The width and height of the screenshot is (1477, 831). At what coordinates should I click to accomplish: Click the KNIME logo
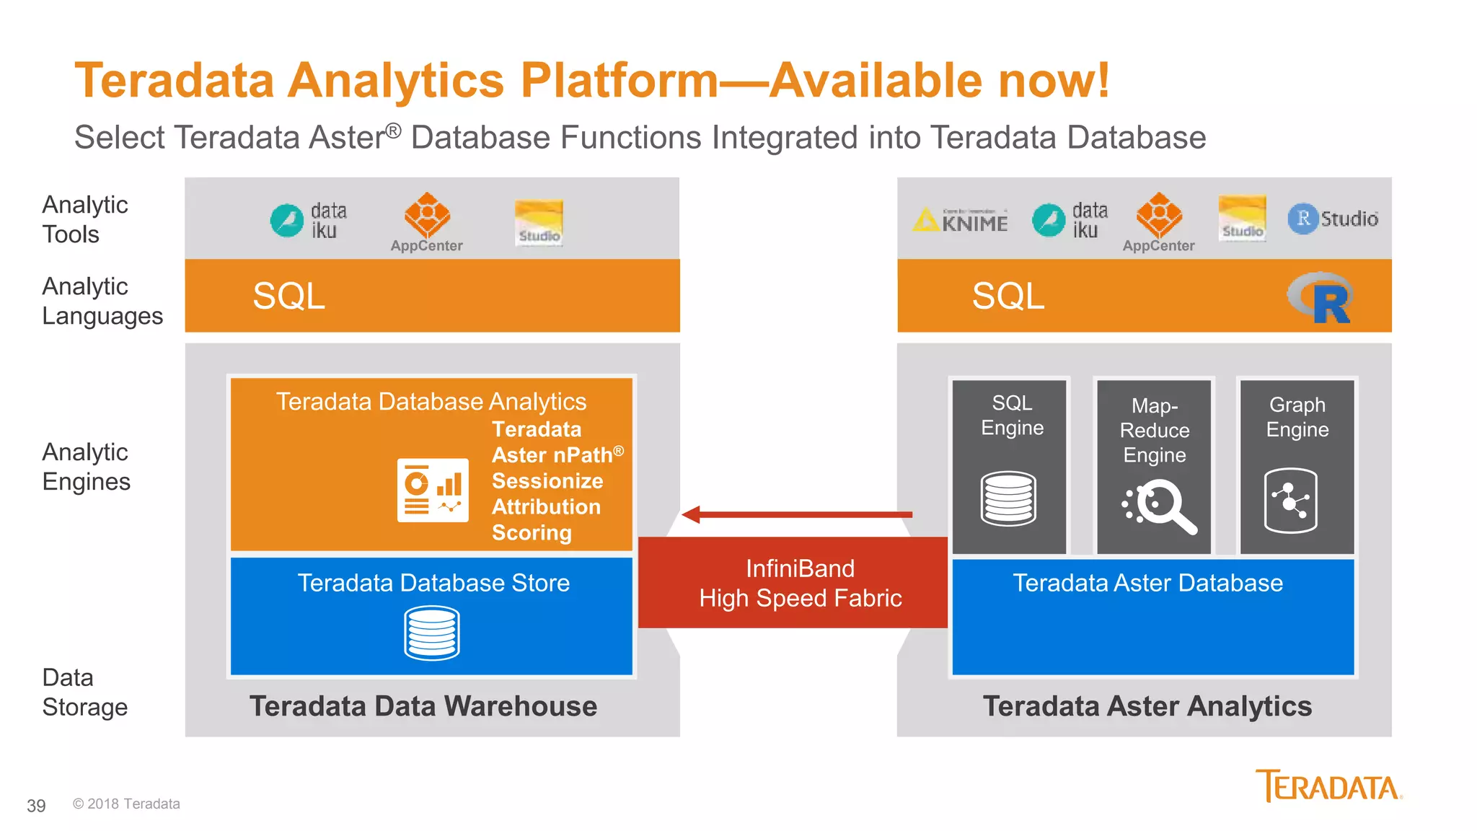coord(961,220)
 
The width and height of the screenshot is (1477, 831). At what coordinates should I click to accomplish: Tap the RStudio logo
coord(1333,218)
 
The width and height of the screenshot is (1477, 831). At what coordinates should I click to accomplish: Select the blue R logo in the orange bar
coord(1321,298)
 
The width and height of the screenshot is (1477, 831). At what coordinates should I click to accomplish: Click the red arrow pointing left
coord(796,514)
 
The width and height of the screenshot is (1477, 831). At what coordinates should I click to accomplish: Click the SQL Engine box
coord(1010,466)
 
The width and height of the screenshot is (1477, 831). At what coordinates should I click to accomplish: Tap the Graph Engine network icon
coord(1290,501)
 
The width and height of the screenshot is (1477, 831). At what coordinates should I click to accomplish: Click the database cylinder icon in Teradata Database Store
coord(431,633)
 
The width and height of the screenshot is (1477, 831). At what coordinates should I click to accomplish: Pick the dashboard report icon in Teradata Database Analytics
coord(433,491)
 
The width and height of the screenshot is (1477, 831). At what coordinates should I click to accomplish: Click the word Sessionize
coord(547,481)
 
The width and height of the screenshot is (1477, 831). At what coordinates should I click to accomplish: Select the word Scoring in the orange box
coord(532,532)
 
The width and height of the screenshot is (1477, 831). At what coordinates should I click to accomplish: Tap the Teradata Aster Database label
coord(1147,583)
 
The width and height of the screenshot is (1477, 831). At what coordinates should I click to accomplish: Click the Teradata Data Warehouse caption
coord(423,706)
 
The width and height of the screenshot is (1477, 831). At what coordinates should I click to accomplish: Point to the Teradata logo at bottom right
coord(1328,786)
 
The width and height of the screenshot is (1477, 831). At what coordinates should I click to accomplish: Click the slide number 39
coord(36,806)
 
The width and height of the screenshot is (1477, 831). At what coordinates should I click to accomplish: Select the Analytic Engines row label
coord(86,467)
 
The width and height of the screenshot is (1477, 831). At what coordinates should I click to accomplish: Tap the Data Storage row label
coord(84,692)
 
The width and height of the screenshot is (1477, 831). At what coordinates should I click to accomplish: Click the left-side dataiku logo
coord(309,220)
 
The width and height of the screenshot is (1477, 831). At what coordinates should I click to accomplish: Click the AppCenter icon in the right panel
coord(1159,215)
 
